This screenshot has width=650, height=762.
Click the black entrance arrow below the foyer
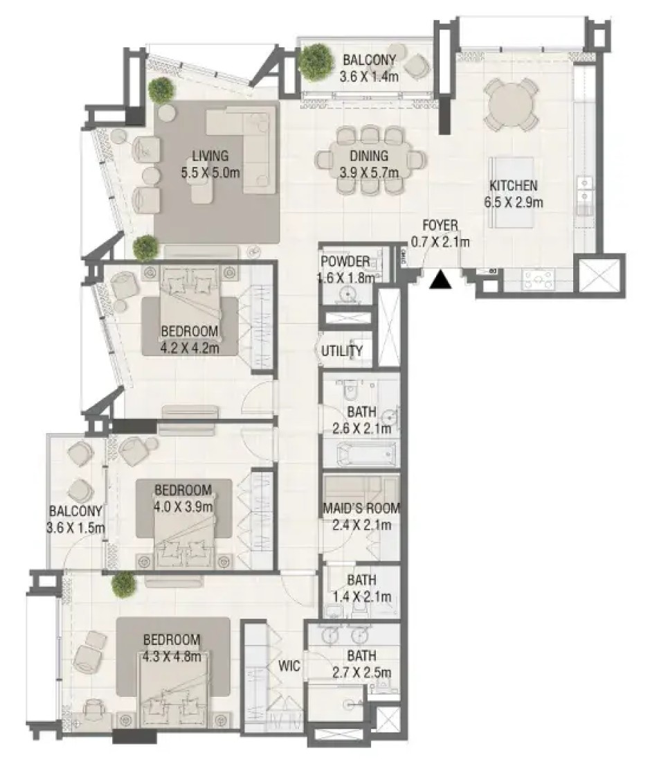pyautogui.click(x=441, y=280)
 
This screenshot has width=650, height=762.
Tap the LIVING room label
pyautogui.click(x=210, y=156)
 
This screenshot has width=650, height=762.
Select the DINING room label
pyautogui.click(x=369, y=155)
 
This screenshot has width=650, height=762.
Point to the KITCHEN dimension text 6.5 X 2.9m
pyautogui.click(x=513, y=202)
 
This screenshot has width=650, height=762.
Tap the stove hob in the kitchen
pyautogui.click(x=537, y=279)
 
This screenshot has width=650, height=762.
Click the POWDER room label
pyautogui.click(x=345, y=261)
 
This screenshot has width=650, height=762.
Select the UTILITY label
pyautogui.click(x=342, y=351)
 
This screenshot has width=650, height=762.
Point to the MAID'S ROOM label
pyautogui.click(x=361, y=508)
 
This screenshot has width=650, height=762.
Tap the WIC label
pyautogui.click(x=289, y=666)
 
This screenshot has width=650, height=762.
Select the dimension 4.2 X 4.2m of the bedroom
pyautogui.click(x=190, y=348)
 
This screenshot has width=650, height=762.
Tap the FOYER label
pyautogui.click(x=440, y=225)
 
